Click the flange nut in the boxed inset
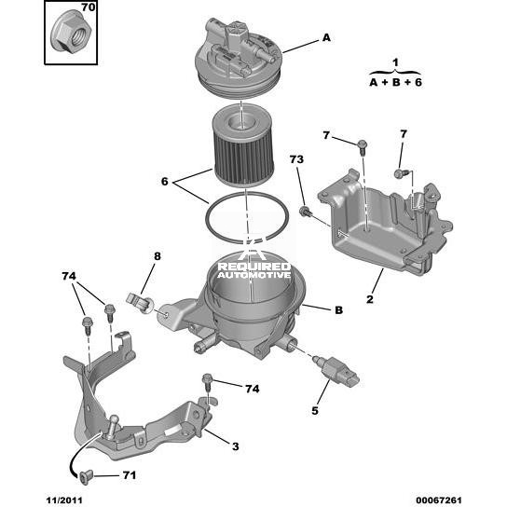point(71,33)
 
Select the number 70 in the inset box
point(88,7)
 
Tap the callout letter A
point(326,38)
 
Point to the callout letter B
point(338,310)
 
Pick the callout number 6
point(165,182)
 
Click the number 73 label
point(296,159)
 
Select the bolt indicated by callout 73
point(305,212)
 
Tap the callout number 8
point(157,256)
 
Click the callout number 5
point(315,411)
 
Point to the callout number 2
point(370,299)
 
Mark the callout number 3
point(236,446)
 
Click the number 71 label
point(129,475)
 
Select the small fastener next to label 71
point(86,477)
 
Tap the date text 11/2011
point(64,500)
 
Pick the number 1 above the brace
point(395,62)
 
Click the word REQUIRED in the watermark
point(254,267)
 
